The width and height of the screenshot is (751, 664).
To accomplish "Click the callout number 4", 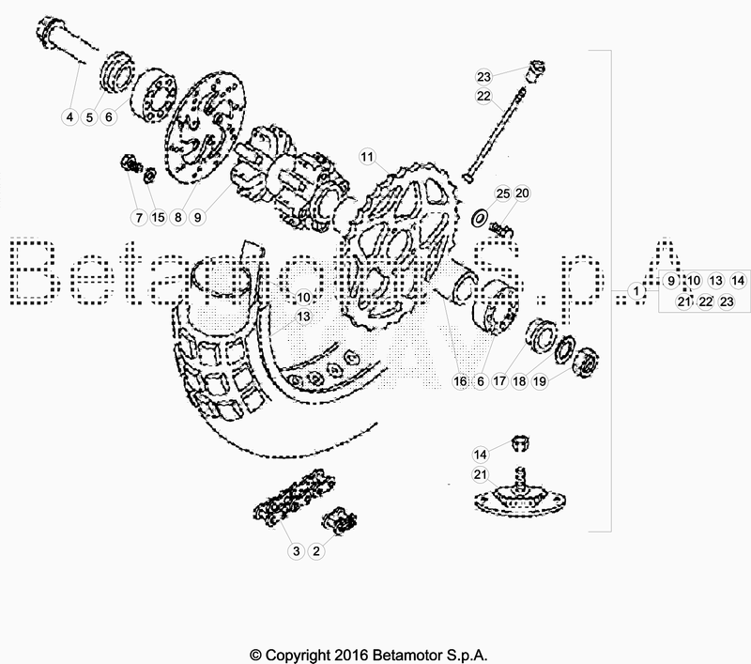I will point(69,117).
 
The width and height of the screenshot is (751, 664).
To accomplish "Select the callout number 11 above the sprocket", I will point(366,156).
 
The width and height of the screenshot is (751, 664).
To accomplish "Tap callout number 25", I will point(502,193).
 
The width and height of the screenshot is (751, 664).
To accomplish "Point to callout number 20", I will point(523,193).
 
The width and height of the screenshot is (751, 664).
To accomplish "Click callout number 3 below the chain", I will point(296,550).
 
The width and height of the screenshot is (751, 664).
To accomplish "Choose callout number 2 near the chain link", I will point(316,550).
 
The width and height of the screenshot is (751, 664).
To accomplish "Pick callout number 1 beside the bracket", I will point(636,292).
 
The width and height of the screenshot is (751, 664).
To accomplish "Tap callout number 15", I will point(158,217).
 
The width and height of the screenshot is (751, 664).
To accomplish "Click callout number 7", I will point(138,217).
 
